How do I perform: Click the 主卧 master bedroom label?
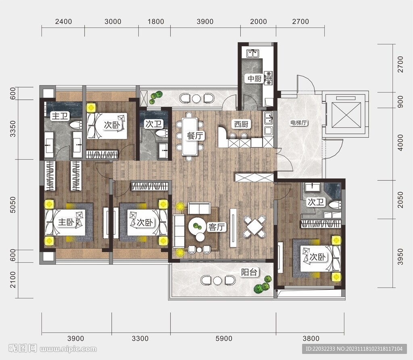pyautogui.click(x=66, y=222)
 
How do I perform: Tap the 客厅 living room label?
pyautogui.click(x=217, y=227)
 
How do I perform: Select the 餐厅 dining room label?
pyautogui.click(x=195, y=136)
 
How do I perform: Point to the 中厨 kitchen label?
pyautogui.click(x=254, y=79)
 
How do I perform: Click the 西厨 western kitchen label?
pyautogui.click(x=241, y=124)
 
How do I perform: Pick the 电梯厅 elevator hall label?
pyautogui.click(x=299, y=123)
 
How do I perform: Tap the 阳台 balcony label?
pyautogui.click(x=249, y=272)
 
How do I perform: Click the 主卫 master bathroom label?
pyautogui.click(x=60, y=116)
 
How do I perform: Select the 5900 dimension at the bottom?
pyautogui.click(x=224, y=338)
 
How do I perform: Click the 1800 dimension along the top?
pyautogui.click(x=156, y=22)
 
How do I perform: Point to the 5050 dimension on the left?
pyautogui.click(x=13, y=205)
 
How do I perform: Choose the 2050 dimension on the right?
pyautogui.click(x=400, y=200)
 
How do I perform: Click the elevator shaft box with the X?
pyautogui.click(x=346, y=114)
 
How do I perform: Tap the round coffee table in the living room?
pyautogui.click(x=197, y=226)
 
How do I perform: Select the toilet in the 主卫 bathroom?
pyautogui.click(x=76, y=125)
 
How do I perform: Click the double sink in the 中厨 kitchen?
pyautogui.click(x=253, y=54)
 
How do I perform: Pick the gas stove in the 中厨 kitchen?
pyautogui.click(x=268, y=78)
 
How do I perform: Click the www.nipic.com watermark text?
pyautogui.click(x=68, y=349)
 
